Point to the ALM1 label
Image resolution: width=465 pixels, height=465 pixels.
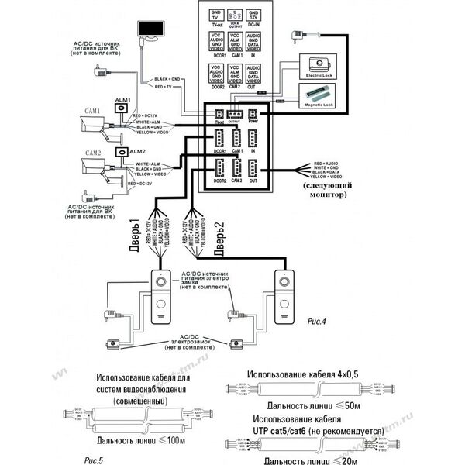123,100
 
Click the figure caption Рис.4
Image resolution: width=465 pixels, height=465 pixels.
318,320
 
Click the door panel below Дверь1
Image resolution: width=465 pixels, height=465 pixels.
161,296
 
